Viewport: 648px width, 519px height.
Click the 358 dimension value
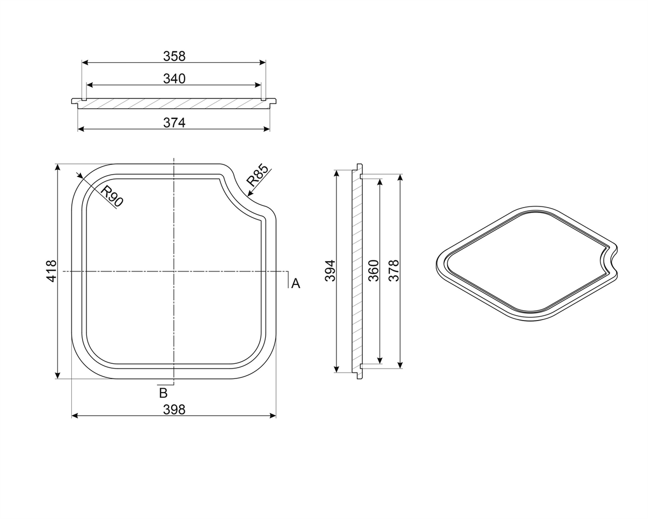pos(174,56)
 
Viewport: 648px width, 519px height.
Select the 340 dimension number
pos(174,79)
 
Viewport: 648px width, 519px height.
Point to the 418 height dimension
pos(52,271)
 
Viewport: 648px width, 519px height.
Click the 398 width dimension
pos(174,410)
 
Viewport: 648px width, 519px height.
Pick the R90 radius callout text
pos(112,196)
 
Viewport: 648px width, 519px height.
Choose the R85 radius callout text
pos(257,175)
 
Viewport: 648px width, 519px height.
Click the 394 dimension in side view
pos(330,270)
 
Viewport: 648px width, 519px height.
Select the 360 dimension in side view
pos(373,270)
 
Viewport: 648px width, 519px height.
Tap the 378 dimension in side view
pos(394,270)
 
